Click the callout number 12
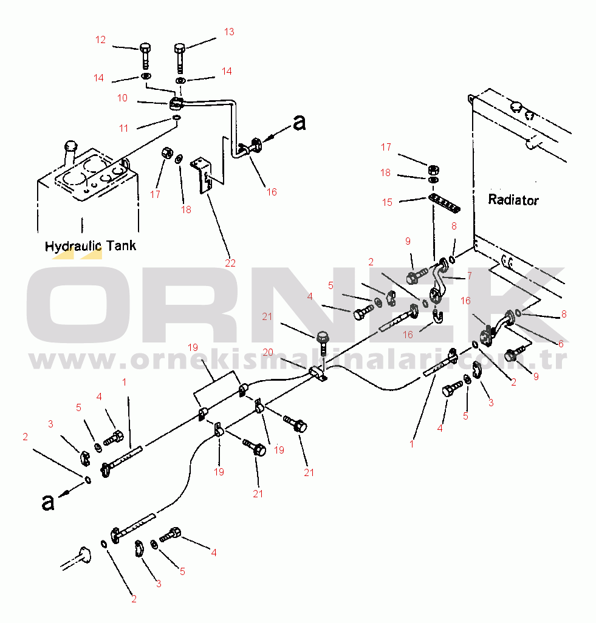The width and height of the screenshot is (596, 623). click(x=100, y=40)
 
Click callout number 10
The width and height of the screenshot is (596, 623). click(x=122, y=98)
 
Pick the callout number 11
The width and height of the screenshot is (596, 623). click(x=124, y=129)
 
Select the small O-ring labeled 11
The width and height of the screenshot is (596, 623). click(x=176, y=117)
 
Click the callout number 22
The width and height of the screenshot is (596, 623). click(x=230, y=263)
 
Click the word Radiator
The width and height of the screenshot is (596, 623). click(x=513, y=200)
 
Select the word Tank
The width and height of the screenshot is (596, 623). click(x=121, y=246)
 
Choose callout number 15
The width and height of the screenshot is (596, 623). click(x=387, y=203)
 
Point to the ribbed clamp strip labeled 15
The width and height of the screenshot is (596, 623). click(x=446, y=202)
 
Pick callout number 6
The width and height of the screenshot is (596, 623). click(x=560, y=343)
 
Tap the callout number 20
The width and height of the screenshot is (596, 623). click(x=268, y=352)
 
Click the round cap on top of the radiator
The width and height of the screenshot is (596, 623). click(x=516, y=107)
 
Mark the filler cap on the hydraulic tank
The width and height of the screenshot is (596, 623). click(x=70, y=146)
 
